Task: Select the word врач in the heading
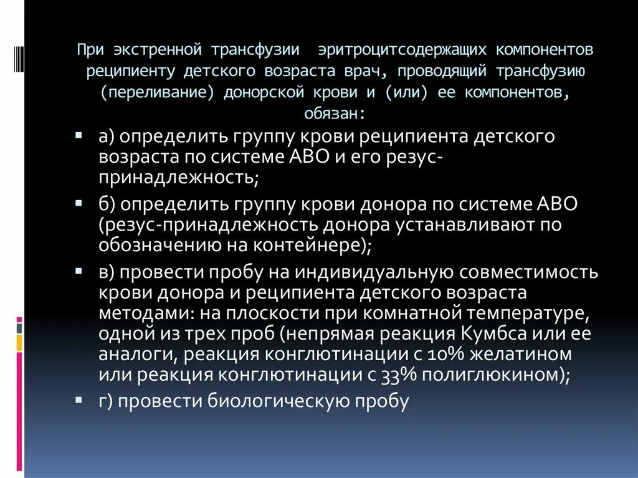(x=359, y=70)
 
